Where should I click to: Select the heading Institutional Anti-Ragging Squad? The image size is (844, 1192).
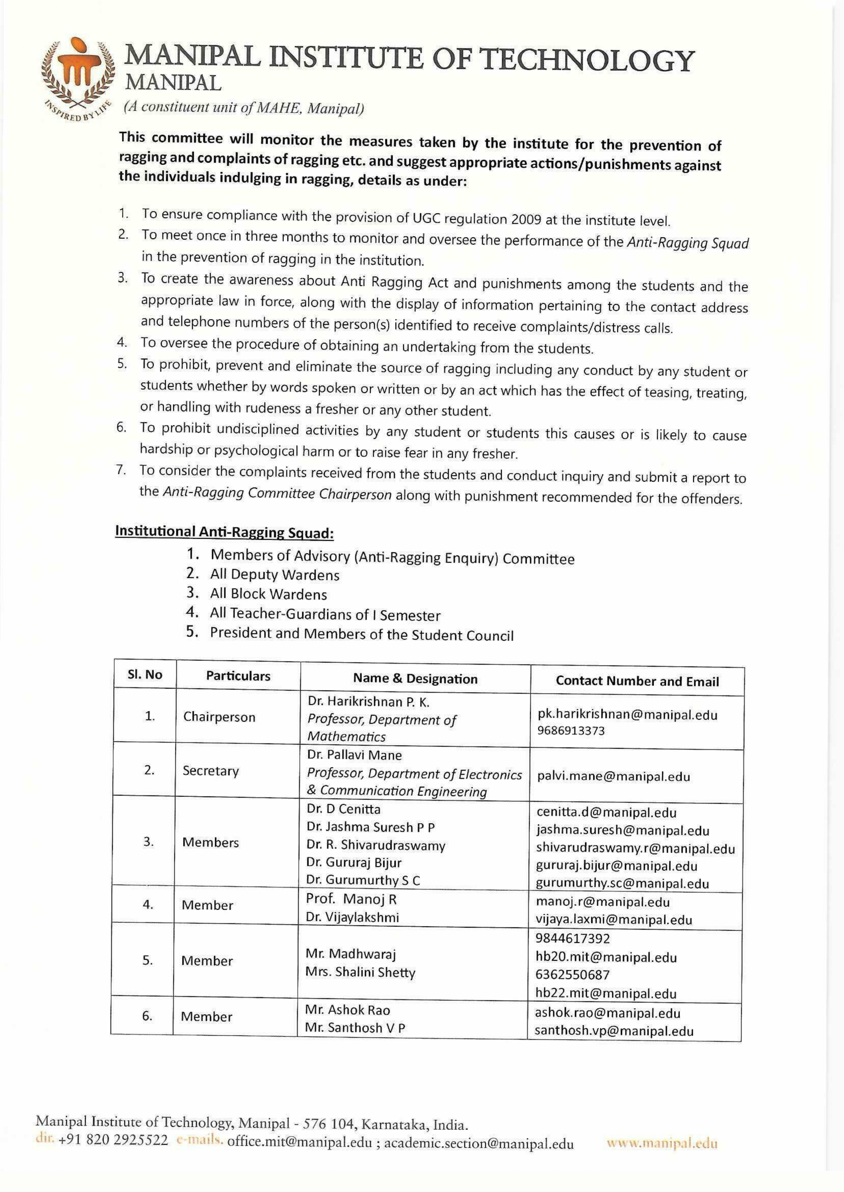pyautogui.click(x=224, y=532)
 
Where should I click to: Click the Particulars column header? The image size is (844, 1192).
pyautogui.click(x=238, y=676)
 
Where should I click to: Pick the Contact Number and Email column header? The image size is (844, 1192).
pyautogui.click(x=637, y=681)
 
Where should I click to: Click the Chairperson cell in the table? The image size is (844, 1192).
pyautogui.click(x=219, y=717)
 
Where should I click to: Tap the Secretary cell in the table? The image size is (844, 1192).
pyautogui.click(x=210, y=770)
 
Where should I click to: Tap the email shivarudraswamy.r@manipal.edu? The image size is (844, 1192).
pyautogui.click(x=635, y=849)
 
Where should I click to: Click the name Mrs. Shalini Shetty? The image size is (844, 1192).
pyautogui.click(x=360, y=972)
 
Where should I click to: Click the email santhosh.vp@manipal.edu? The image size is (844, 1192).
pyautogui.click(x=614, y=1031)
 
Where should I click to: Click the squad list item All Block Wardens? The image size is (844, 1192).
pyautogui.click(x=268, y=594)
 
